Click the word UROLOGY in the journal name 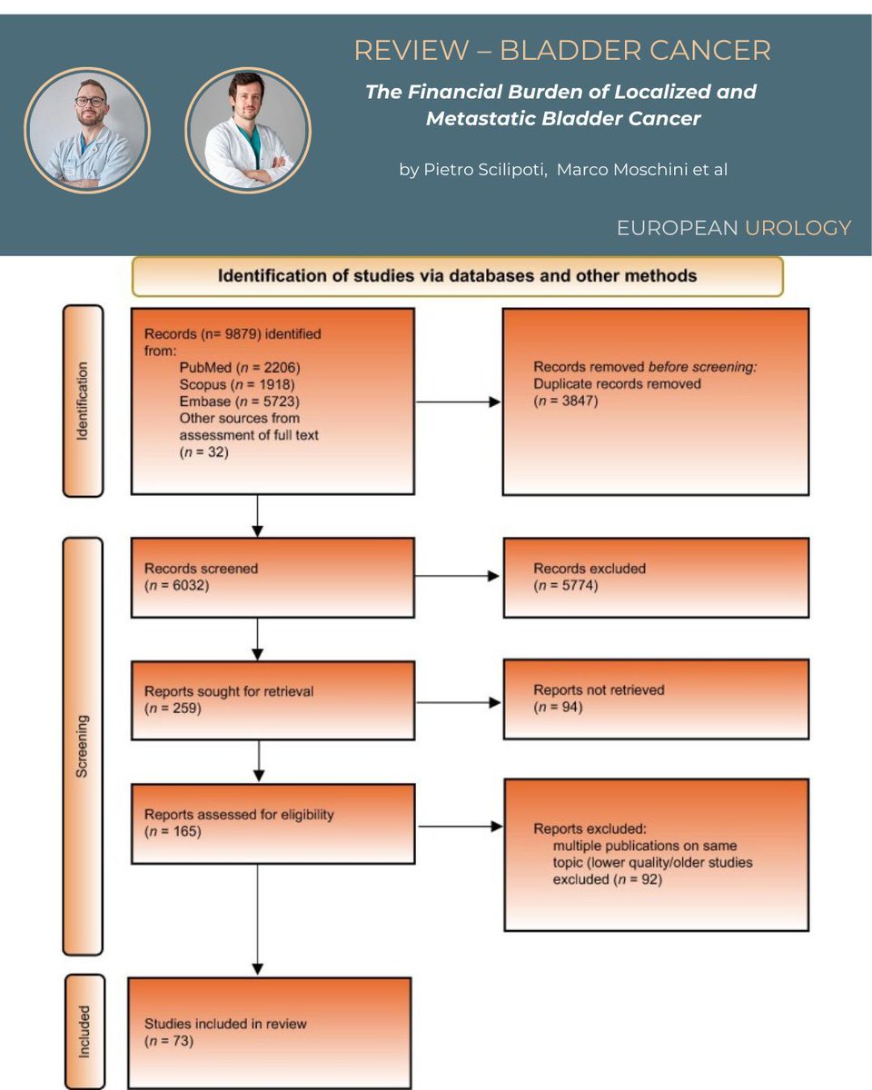(x=798, y=228)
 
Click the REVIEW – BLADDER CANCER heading (x=561, y=51)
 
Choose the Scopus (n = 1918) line (x=236, y=385)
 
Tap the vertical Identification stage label (x=83, y=401)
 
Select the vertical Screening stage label (x=83, y=745)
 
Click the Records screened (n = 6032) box (x=272, y=578)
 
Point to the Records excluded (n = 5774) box (x=655, y=578)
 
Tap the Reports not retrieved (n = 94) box (x=655, y=699)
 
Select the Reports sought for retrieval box (x=272, y=699)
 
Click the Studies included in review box (x=270, y=1032)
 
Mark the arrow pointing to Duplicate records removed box (x=458, y=401)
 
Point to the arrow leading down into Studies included (x=258, y=917)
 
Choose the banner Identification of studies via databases (x=457, y=276)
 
